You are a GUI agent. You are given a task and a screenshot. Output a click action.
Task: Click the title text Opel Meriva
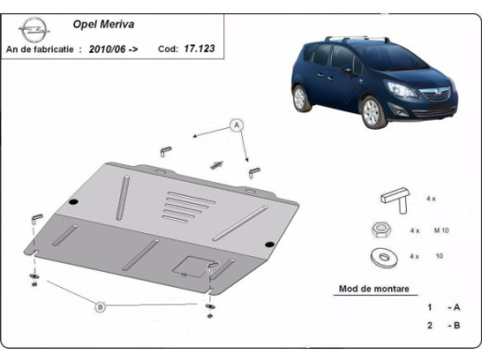(x=101, y=29)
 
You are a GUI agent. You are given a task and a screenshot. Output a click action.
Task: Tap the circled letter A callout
(x=236, y=124)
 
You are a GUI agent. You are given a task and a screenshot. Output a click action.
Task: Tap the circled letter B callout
(x=100, y=304)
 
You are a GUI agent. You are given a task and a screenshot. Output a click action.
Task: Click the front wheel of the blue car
(x=374, y=110)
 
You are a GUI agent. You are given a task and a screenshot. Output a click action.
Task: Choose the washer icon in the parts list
(x=380, y=256)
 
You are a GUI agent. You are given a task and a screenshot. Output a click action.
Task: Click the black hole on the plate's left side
(x=73, y=197)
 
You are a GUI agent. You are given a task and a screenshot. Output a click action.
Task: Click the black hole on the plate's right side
(x=268, y=244)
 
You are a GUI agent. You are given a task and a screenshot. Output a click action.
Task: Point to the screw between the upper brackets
(x=219, y=163)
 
